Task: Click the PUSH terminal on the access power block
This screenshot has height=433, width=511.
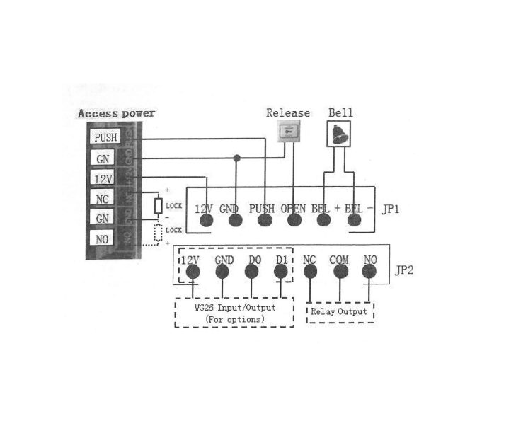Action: [x=104, y=137]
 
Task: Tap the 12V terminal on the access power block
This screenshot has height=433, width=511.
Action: [x=103, y=178]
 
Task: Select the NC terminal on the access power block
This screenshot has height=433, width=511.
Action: [x=103, y=199]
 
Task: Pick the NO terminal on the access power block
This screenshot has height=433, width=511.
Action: [x=103, y=239]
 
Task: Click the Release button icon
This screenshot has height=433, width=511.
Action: [x=288, y=131]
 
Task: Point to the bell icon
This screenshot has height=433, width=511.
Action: [x=340, y=132]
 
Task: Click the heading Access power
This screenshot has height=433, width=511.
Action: [x=116, y=113]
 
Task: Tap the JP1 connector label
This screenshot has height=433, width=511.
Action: [x=391, y=209]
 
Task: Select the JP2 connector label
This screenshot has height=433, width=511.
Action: [x=403, y=271]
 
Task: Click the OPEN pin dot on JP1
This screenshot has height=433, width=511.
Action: [x=294, y=220]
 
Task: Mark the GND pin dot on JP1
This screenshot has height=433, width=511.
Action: [x=235, y=220]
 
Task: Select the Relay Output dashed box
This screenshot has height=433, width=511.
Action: [x=340, y=312]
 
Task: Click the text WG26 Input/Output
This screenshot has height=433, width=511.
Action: [x=234, y=308]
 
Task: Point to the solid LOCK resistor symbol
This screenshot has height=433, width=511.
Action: [x=159, y=206]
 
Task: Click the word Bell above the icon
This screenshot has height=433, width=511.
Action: [x=340, y=113]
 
